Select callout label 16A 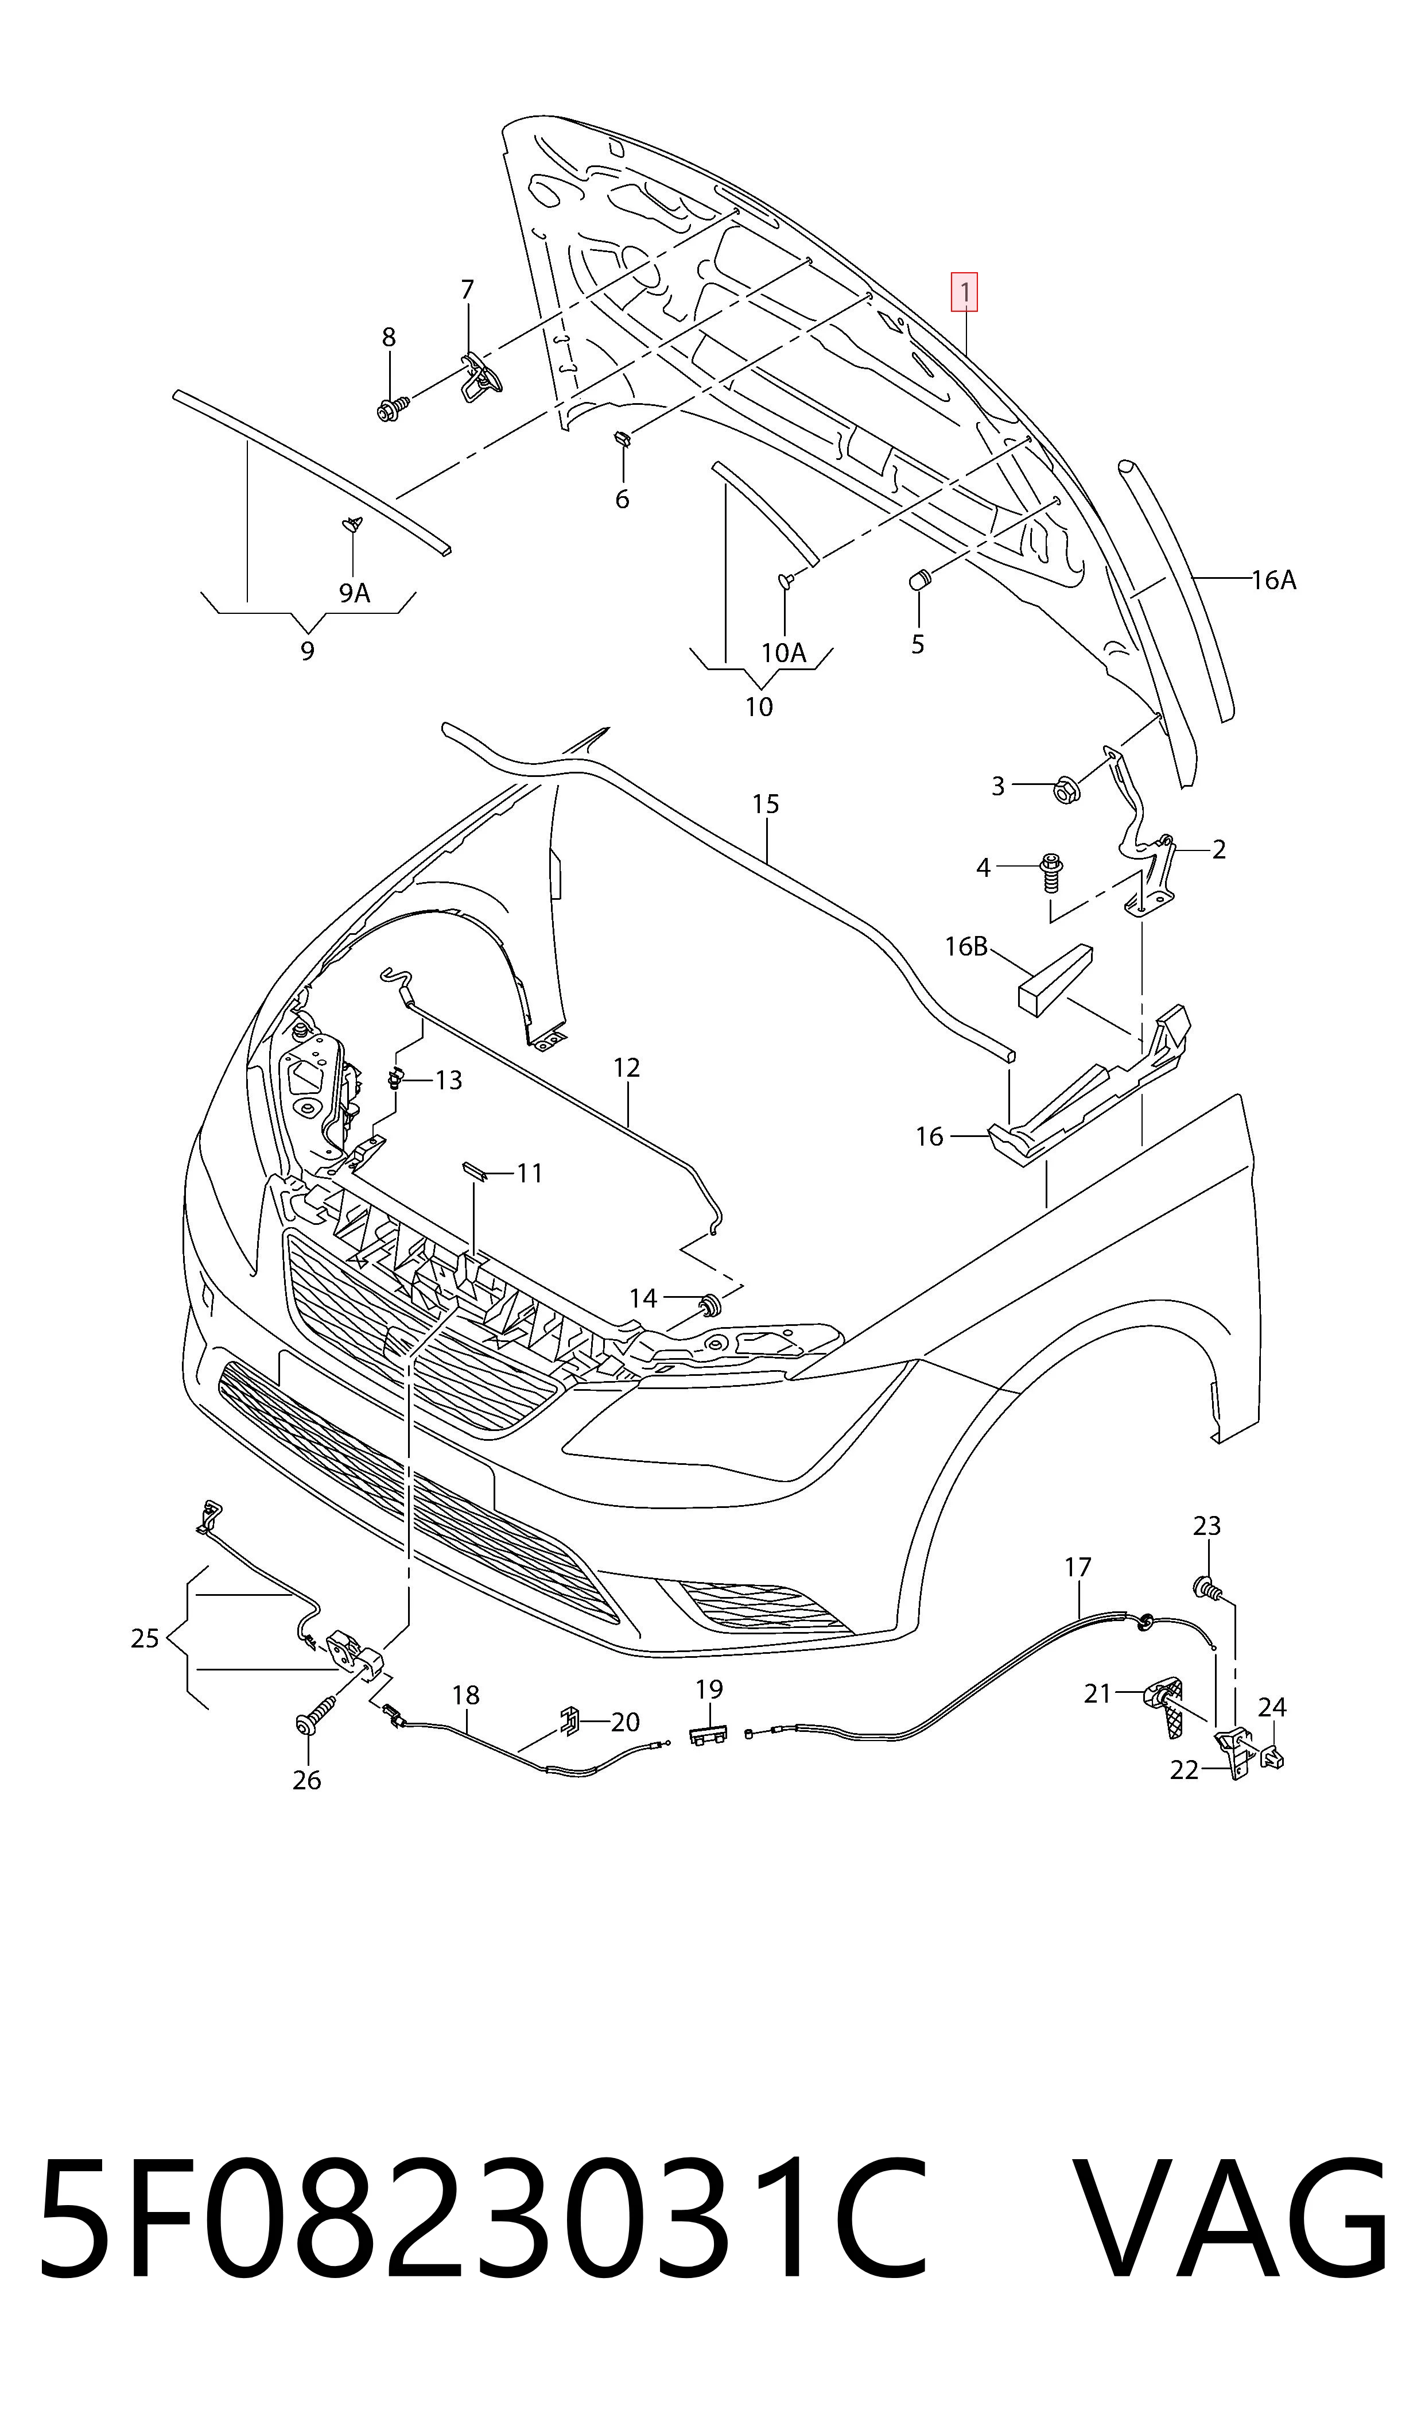pyautogui.click(x=1273, y=580)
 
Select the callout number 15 pyautogui.click(x=766, y=803)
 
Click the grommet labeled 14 pyautogui.click(x=710, y=1305)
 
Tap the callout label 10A pyautogui.click(x=783, y=653)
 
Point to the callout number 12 pyautogui.click(x=626, y=1068)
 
